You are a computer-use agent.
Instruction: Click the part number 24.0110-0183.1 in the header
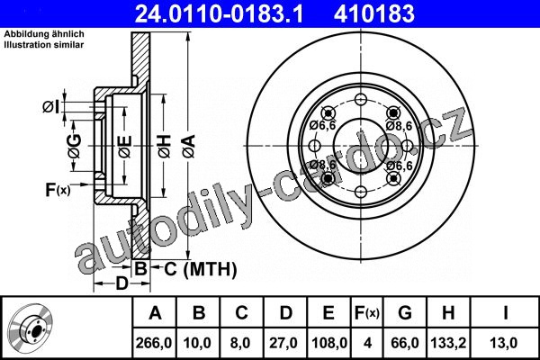pos(219,13)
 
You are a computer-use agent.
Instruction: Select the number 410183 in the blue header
pos(374,13)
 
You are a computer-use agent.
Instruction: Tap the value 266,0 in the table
pos(154,343)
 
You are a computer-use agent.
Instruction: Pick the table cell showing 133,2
pos(448,343)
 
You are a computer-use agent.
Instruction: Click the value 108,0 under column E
pos(329,343)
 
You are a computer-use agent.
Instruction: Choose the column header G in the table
pos(405,312)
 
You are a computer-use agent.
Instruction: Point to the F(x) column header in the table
pos(367,313)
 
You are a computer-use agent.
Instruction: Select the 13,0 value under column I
pos(503,343)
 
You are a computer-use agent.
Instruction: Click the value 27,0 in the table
pos(283,343)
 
